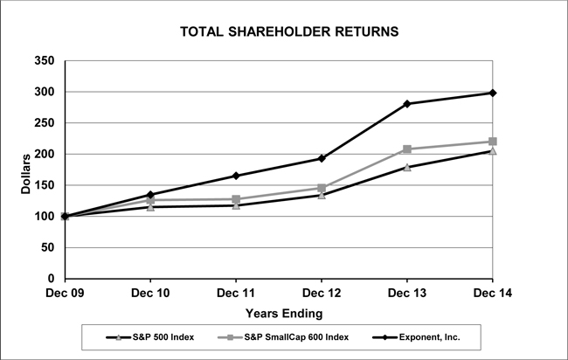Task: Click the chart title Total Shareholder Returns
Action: click(x=289, y=31)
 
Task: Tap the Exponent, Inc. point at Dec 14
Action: click(x=493, y=93)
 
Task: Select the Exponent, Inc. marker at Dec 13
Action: click(x=407, y=104)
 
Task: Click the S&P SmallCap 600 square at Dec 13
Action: click(x=407, y=149)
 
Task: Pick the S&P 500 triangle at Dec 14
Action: click(x=493, y=151)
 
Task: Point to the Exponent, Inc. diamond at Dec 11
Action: click(x=236, y=176)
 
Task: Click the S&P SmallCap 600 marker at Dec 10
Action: click(x=150, y=200)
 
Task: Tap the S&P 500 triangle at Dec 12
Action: click(x=322, y=195)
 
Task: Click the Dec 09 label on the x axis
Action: click(x=65, y=294)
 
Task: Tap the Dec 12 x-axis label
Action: click(x=322, y=294)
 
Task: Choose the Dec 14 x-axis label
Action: click(x=493, y=294)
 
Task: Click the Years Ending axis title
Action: click(x=283, y=312)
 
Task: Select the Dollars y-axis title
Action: click(x=26, y=170)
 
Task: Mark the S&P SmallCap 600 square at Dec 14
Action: click(x=493, y=142)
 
